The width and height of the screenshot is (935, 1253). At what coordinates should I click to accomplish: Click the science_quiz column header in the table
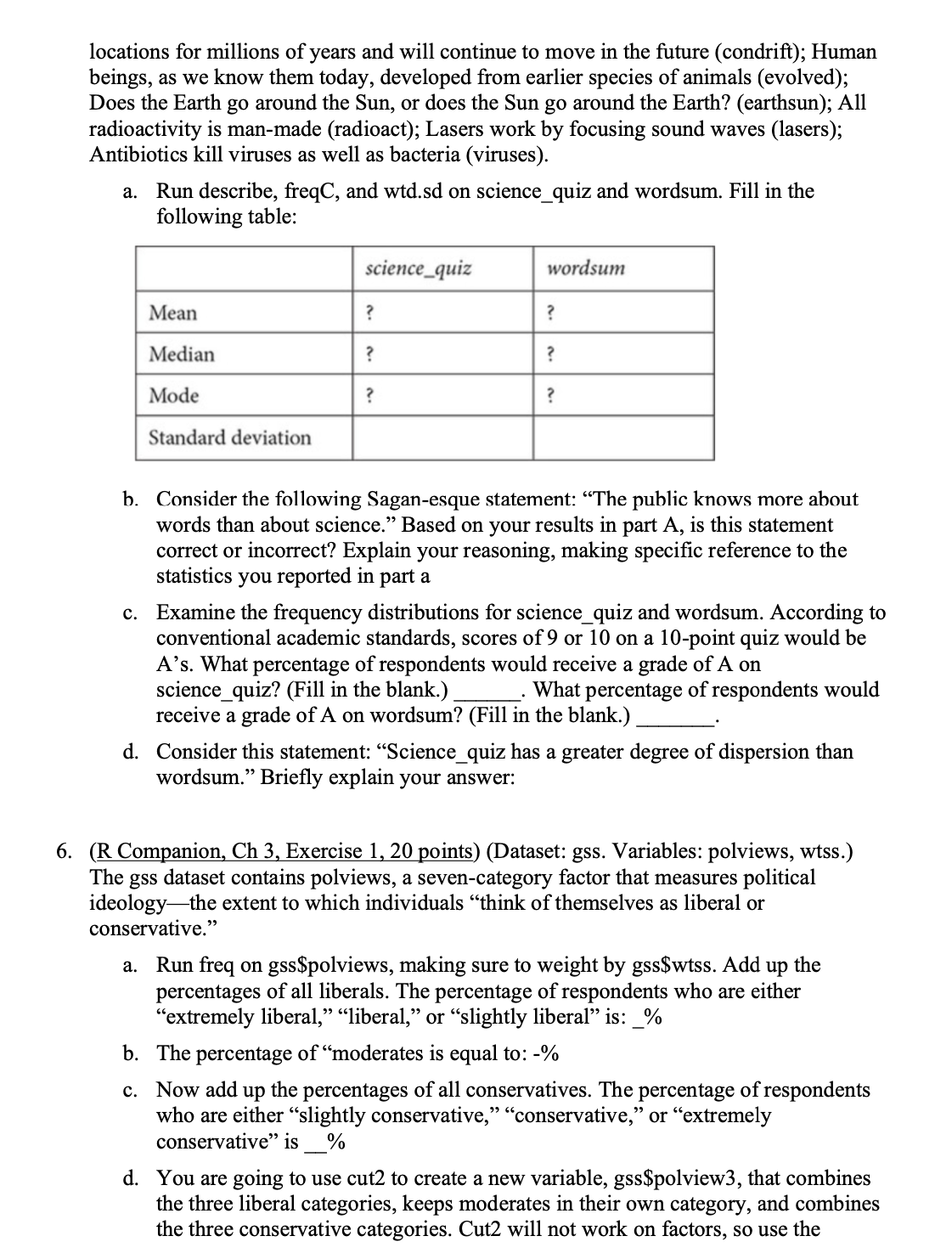tap(418, 269)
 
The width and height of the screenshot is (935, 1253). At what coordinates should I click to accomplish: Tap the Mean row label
tap(173, 313)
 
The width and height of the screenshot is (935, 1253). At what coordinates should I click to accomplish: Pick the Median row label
tap(182, 354)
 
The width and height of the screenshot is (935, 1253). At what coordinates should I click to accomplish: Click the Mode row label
tap(174, 396)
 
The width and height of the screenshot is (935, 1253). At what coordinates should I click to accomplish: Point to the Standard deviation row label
tap(230, 438)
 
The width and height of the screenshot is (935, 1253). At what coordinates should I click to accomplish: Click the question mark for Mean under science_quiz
tap(369, 313)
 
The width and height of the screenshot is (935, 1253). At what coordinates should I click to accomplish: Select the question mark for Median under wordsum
tap(551, 354)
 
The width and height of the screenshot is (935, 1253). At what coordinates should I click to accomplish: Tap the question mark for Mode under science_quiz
tap(369, 396)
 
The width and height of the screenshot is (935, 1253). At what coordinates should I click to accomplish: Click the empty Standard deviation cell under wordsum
tap(623, 438)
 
